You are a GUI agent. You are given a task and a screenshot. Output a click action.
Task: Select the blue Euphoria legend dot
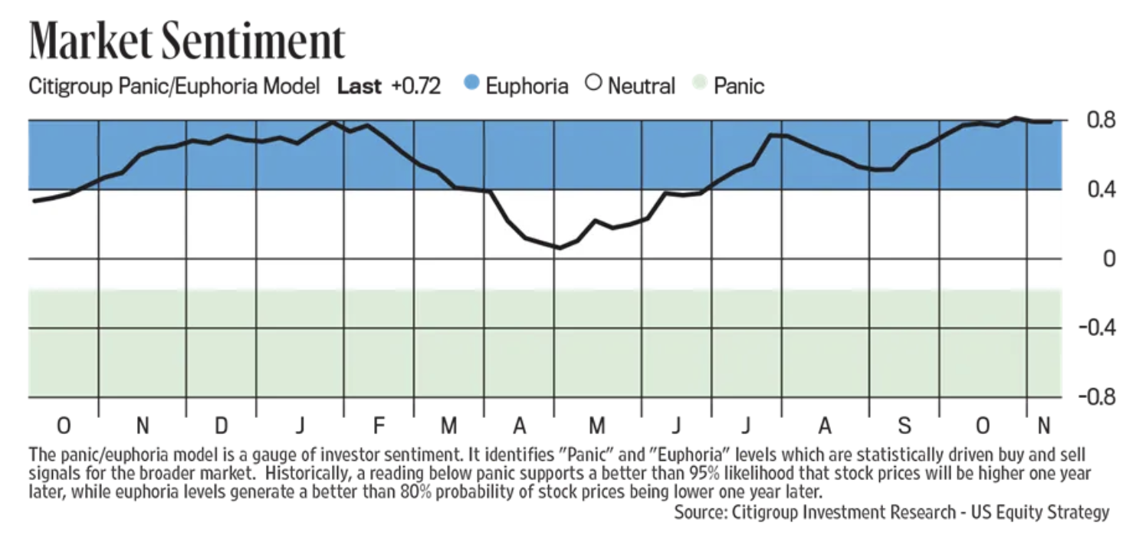click(x=472, y=84)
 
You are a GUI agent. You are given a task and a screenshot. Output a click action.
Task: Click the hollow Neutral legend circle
click(x=593, y=84)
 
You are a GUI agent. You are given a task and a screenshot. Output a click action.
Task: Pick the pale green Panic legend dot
click(x=698, y=84)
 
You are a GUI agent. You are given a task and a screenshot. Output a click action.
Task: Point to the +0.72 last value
click(x=415, y=86)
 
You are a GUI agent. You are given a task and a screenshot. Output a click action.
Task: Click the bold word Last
click(x=359, y=86)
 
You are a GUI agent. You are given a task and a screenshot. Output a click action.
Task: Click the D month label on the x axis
click(x=221, y=425)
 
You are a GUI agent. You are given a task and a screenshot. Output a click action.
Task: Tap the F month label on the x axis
click(x=378, y=425)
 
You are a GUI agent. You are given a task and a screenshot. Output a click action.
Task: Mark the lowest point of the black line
click(x=559, y=248)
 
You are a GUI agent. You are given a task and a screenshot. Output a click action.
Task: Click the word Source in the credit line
click(x=700, y=511)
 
